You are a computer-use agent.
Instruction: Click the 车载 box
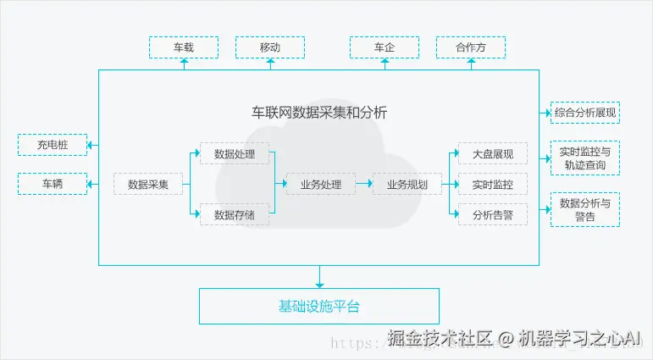(x=183, y=47)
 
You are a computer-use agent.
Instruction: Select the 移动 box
(x=269, y=47)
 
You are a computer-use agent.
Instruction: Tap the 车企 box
(x=385, y=47)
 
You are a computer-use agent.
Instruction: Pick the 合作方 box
(x=470, y=47)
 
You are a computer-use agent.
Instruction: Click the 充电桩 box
(x=52, y=145)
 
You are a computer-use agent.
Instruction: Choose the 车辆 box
(x=52, y=183)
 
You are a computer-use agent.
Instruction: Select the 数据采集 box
(x=148, y=184)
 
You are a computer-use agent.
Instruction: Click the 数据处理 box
(x=234, y=154)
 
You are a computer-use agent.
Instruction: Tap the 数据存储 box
(x=234, y=215)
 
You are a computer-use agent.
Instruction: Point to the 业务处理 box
(x=320, y=184)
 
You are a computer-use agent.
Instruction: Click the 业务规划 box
(x=407, y=184)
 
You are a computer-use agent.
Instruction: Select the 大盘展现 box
(x=492, y=154)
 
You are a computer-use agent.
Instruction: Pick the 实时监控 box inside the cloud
(x=492, y=184)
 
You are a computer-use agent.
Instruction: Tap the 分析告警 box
(x=492, y=215)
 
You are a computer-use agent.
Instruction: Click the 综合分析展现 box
(x=584, y=112)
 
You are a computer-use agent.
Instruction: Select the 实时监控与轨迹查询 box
(x=584, y=158)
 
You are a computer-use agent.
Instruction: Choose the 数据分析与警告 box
(x=584, y=209)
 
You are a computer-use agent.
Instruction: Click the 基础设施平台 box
(x=319, y=306)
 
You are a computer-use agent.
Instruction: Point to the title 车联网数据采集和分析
(x=319, y=112)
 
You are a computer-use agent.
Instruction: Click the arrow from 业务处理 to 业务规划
(x=363, y=184)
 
